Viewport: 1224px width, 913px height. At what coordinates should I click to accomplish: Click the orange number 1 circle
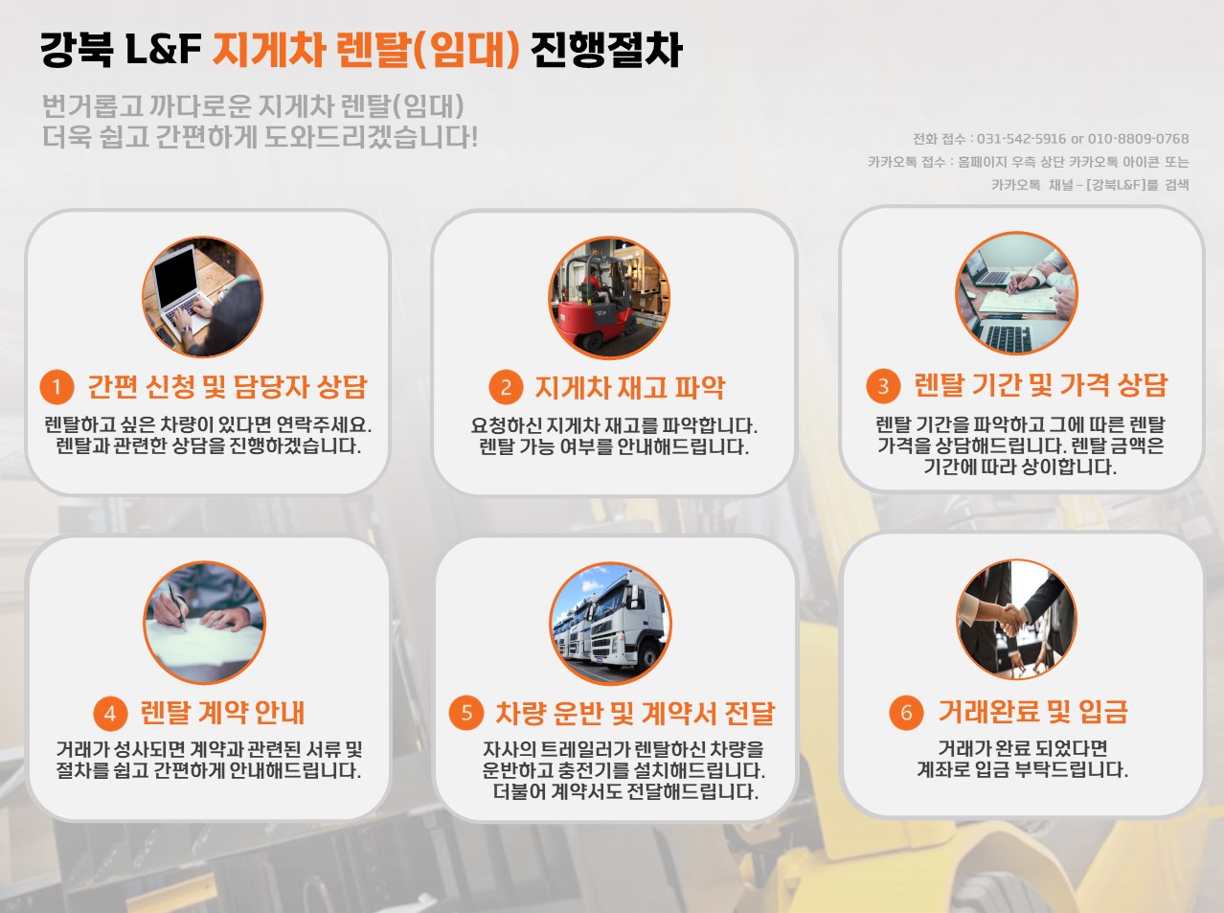(57, 386)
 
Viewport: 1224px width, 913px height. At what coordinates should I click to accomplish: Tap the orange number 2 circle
(506, 386)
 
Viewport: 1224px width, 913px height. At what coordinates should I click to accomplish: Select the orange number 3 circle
(883, 385)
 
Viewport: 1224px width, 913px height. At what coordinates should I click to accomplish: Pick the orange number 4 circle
(110, 714)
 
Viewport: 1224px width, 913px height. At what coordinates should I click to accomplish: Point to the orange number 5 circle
(466, 712)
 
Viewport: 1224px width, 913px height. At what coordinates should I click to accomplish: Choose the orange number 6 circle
(906, 712)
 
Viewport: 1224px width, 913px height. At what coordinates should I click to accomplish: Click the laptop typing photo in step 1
(202, 297)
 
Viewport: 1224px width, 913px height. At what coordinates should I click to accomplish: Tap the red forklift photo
(609, 297)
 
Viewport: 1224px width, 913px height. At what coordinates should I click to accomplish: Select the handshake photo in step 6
(1016, 620)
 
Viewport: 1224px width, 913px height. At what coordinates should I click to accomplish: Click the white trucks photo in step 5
(611, 623)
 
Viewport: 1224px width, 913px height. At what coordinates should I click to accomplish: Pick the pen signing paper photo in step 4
(205, 623)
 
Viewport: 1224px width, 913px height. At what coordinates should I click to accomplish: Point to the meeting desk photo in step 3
(1016, 293)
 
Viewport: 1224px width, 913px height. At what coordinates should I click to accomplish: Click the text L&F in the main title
(164, 49)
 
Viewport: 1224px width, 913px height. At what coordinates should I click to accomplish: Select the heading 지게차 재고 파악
(630, 387)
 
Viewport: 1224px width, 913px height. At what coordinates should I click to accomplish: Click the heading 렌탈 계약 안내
(222, 712)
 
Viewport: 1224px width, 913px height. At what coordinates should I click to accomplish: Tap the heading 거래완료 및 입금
(1033, 711)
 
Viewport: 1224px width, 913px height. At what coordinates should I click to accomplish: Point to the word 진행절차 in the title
(606, 50)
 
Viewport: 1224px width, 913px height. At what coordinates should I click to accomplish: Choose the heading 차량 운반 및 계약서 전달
(635, 713)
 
